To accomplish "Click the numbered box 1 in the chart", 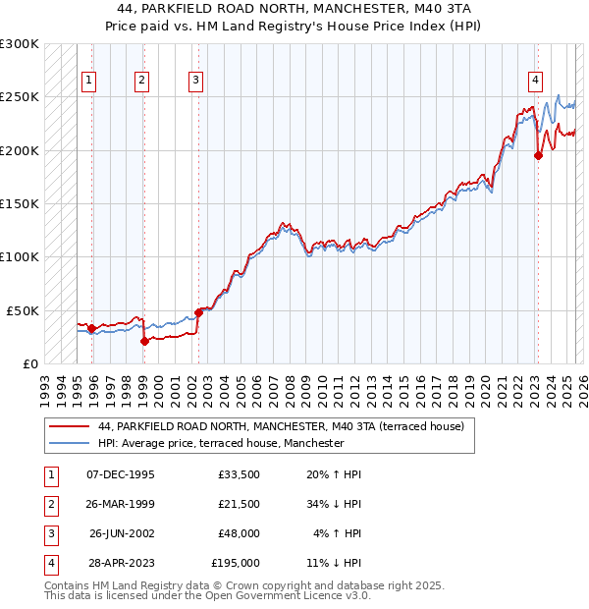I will tap(89, 81).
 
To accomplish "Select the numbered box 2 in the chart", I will tap(142, 81).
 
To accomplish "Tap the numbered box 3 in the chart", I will tap(195, 81).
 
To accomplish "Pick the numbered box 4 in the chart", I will tap(536, 81).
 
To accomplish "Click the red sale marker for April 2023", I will tap(538, 154).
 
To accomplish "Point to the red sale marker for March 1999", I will tap(144, 341).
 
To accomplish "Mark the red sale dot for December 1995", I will tap(91, 328).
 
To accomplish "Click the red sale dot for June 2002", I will tap(198, 312).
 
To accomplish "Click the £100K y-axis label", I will tap(20, 256).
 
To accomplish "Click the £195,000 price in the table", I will tap(236, 563).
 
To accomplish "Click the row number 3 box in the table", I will tap(49, 533).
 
